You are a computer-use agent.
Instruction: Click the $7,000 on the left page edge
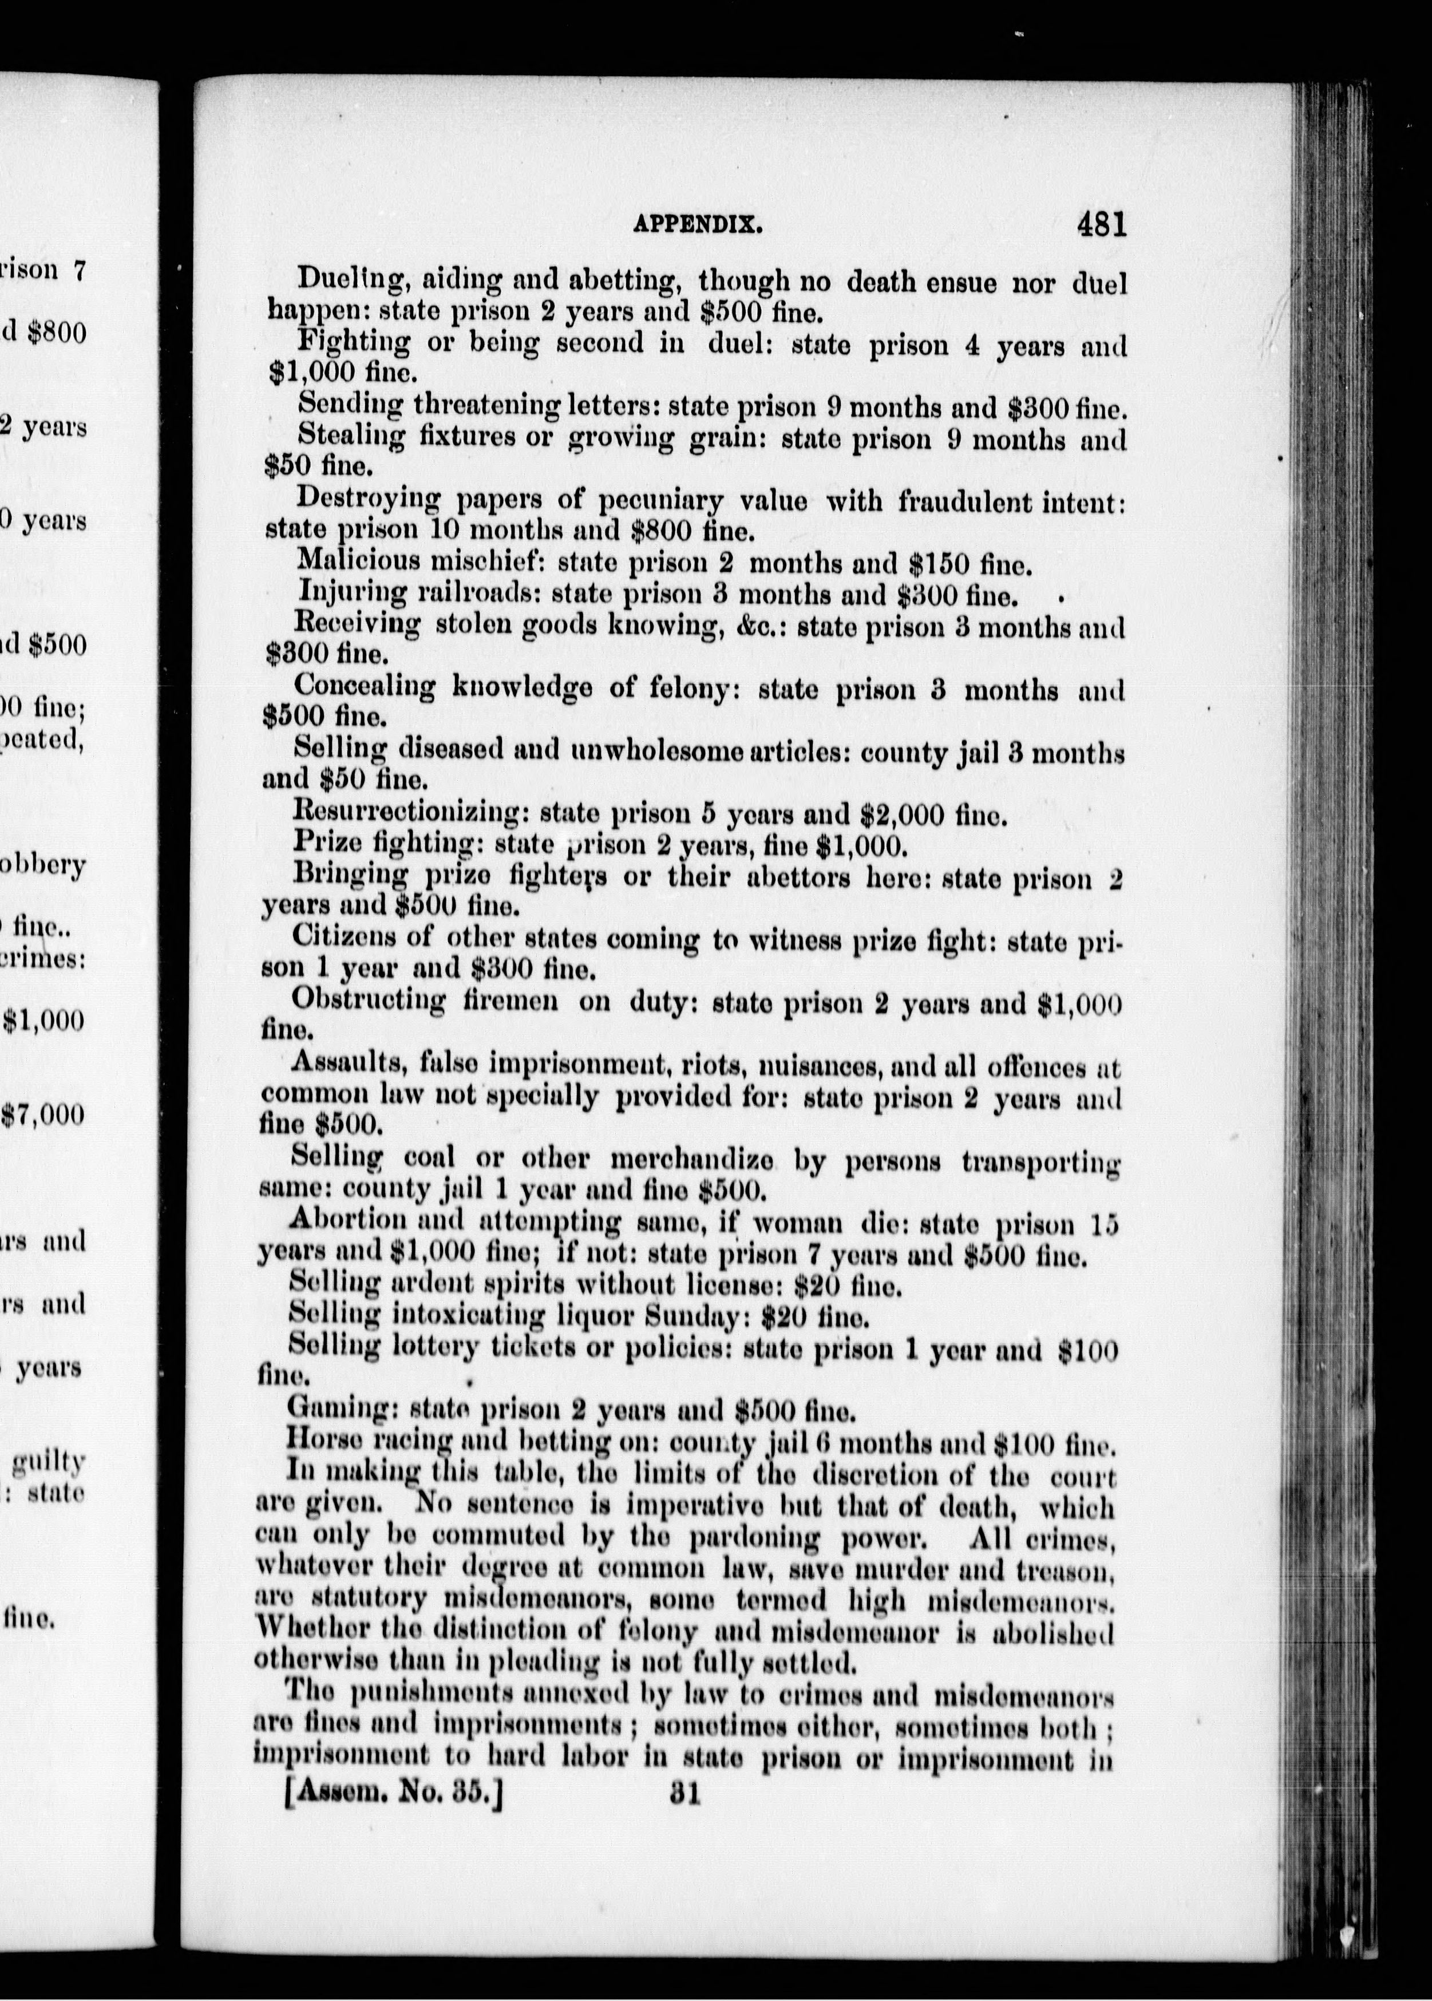coord(44,1116)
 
